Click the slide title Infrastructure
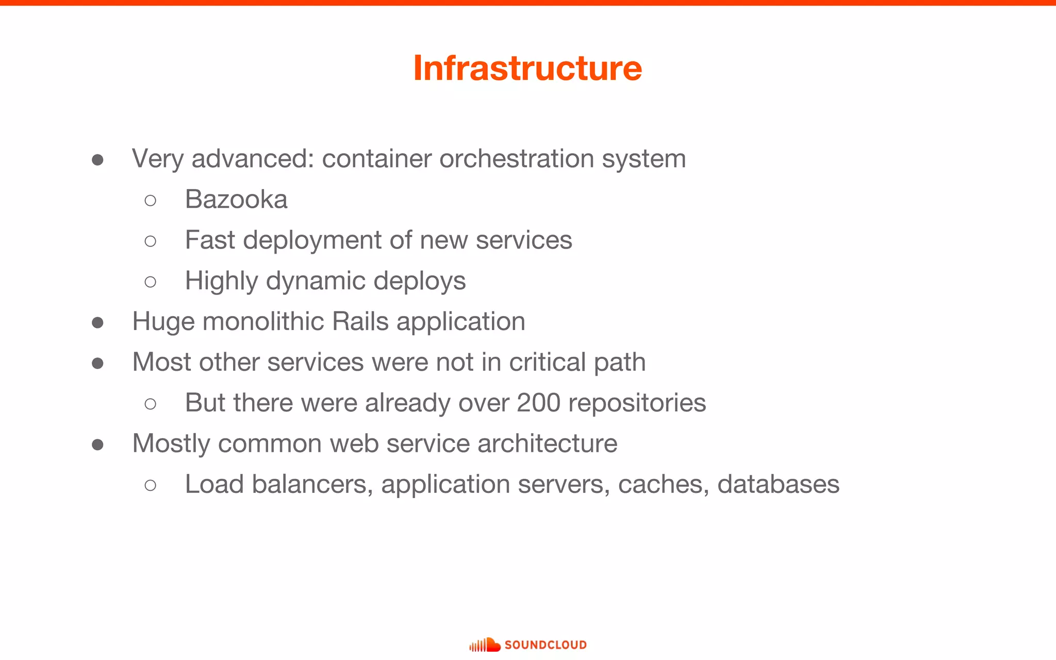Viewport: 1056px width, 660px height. tap(527, 68)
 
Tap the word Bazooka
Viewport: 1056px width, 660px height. tap(236, 200)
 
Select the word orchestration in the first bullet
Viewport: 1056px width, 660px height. tap(517, 159)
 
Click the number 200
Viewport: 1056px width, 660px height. tap(538, 403)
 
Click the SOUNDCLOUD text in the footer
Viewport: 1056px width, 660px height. tap(546, 645)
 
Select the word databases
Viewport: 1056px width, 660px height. tap(778, 484)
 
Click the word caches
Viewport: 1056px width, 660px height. tap(664, 484)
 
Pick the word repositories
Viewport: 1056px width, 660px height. tap(637, 403)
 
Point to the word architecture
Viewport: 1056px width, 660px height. tap(547, 443)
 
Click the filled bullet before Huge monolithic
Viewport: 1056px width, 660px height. tap(97, 323)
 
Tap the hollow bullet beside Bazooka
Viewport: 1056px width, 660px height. tap(151, 201)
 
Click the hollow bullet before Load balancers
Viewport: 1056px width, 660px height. tap(151, 485)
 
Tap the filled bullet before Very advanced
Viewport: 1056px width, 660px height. tap(97, 160)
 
